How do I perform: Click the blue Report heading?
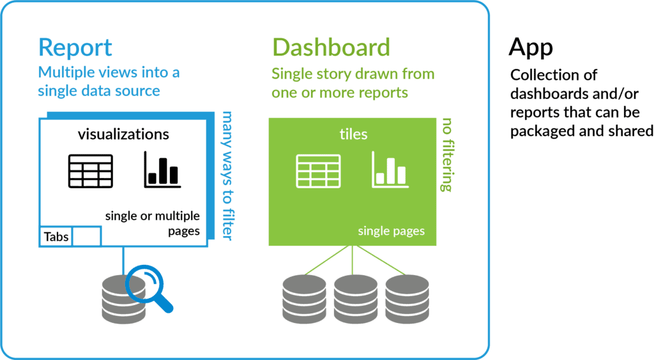(75, 47)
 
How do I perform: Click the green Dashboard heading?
(331, 47)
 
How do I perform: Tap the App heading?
(531, 47)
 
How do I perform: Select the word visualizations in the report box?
(123, 134)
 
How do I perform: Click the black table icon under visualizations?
(91, 170)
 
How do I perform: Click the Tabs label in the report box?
(56, 237)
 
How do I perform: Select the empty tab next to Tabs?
(87, 237)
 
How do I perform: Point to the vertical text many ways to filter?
(226, 176)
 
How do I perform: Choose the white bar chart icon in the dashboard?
(389, 170)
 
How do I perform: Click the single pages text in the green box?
(391, 230)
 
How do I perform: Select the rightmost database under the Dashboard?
(406, 298)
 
